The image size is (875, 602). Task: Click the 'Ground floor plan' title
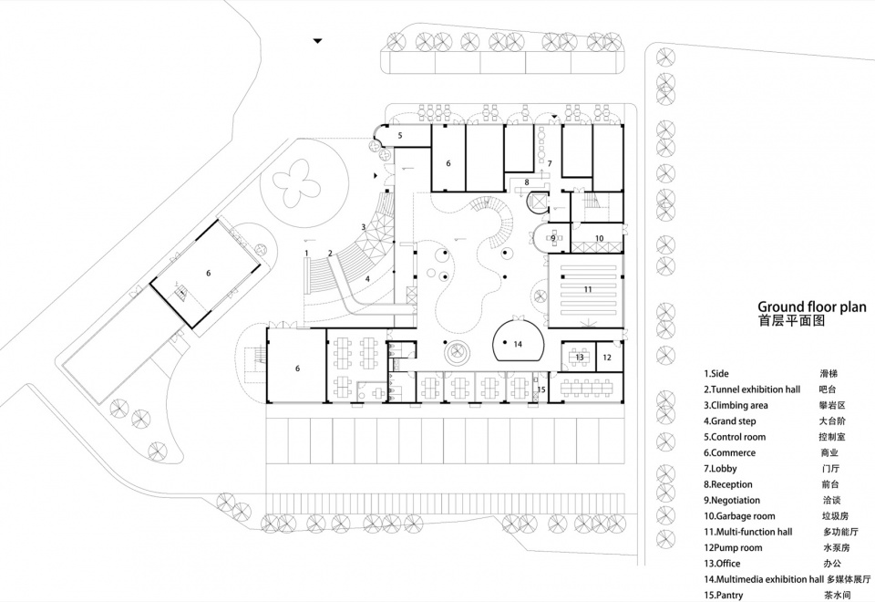811,306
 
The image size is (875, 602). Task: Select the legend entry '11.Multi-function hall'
747,532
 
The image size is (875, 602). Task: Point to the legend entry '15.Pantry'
723,596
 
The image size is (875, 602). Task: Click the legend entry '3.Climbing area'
736,405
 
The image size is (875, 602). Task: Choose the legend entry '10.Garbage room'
739,516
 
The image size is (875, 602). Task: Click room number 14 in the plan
518,344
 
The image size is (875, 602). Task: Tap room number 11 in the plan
588,289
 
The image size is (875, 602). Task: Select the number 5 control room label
399,135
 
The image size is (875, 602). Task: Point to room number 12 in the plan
607,358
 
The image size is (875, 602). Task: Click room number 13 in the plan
580,357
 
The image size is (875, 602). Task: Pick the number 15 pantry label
541,389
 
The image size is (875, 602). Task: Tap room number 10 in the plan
600,238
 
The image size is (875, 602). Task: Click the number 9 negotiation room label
553,238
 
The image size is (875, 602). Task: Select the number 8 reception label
526,182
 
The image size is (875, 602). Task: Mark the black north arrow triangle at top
317,41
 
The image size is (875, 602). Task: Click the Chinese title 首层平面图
791,321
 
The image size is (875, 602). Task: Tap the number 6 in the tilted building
208,273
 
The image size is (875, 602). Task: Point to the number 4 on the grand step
367,279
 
